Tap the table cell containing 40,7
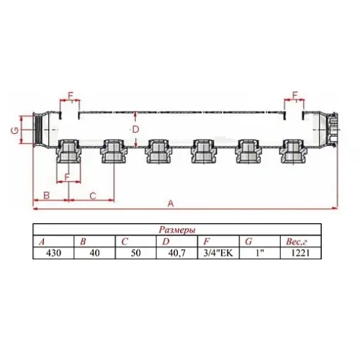point(175,253)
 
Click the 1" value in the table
point(258,253)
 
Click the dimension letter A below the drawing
point(171,204)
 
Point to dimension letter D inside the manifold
point(135,128)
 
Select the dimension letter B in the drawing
point(45,195)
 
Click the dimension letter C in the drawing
point(92,195)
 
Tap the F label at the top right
point(296,96)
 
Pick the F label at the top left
point(70,96)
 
